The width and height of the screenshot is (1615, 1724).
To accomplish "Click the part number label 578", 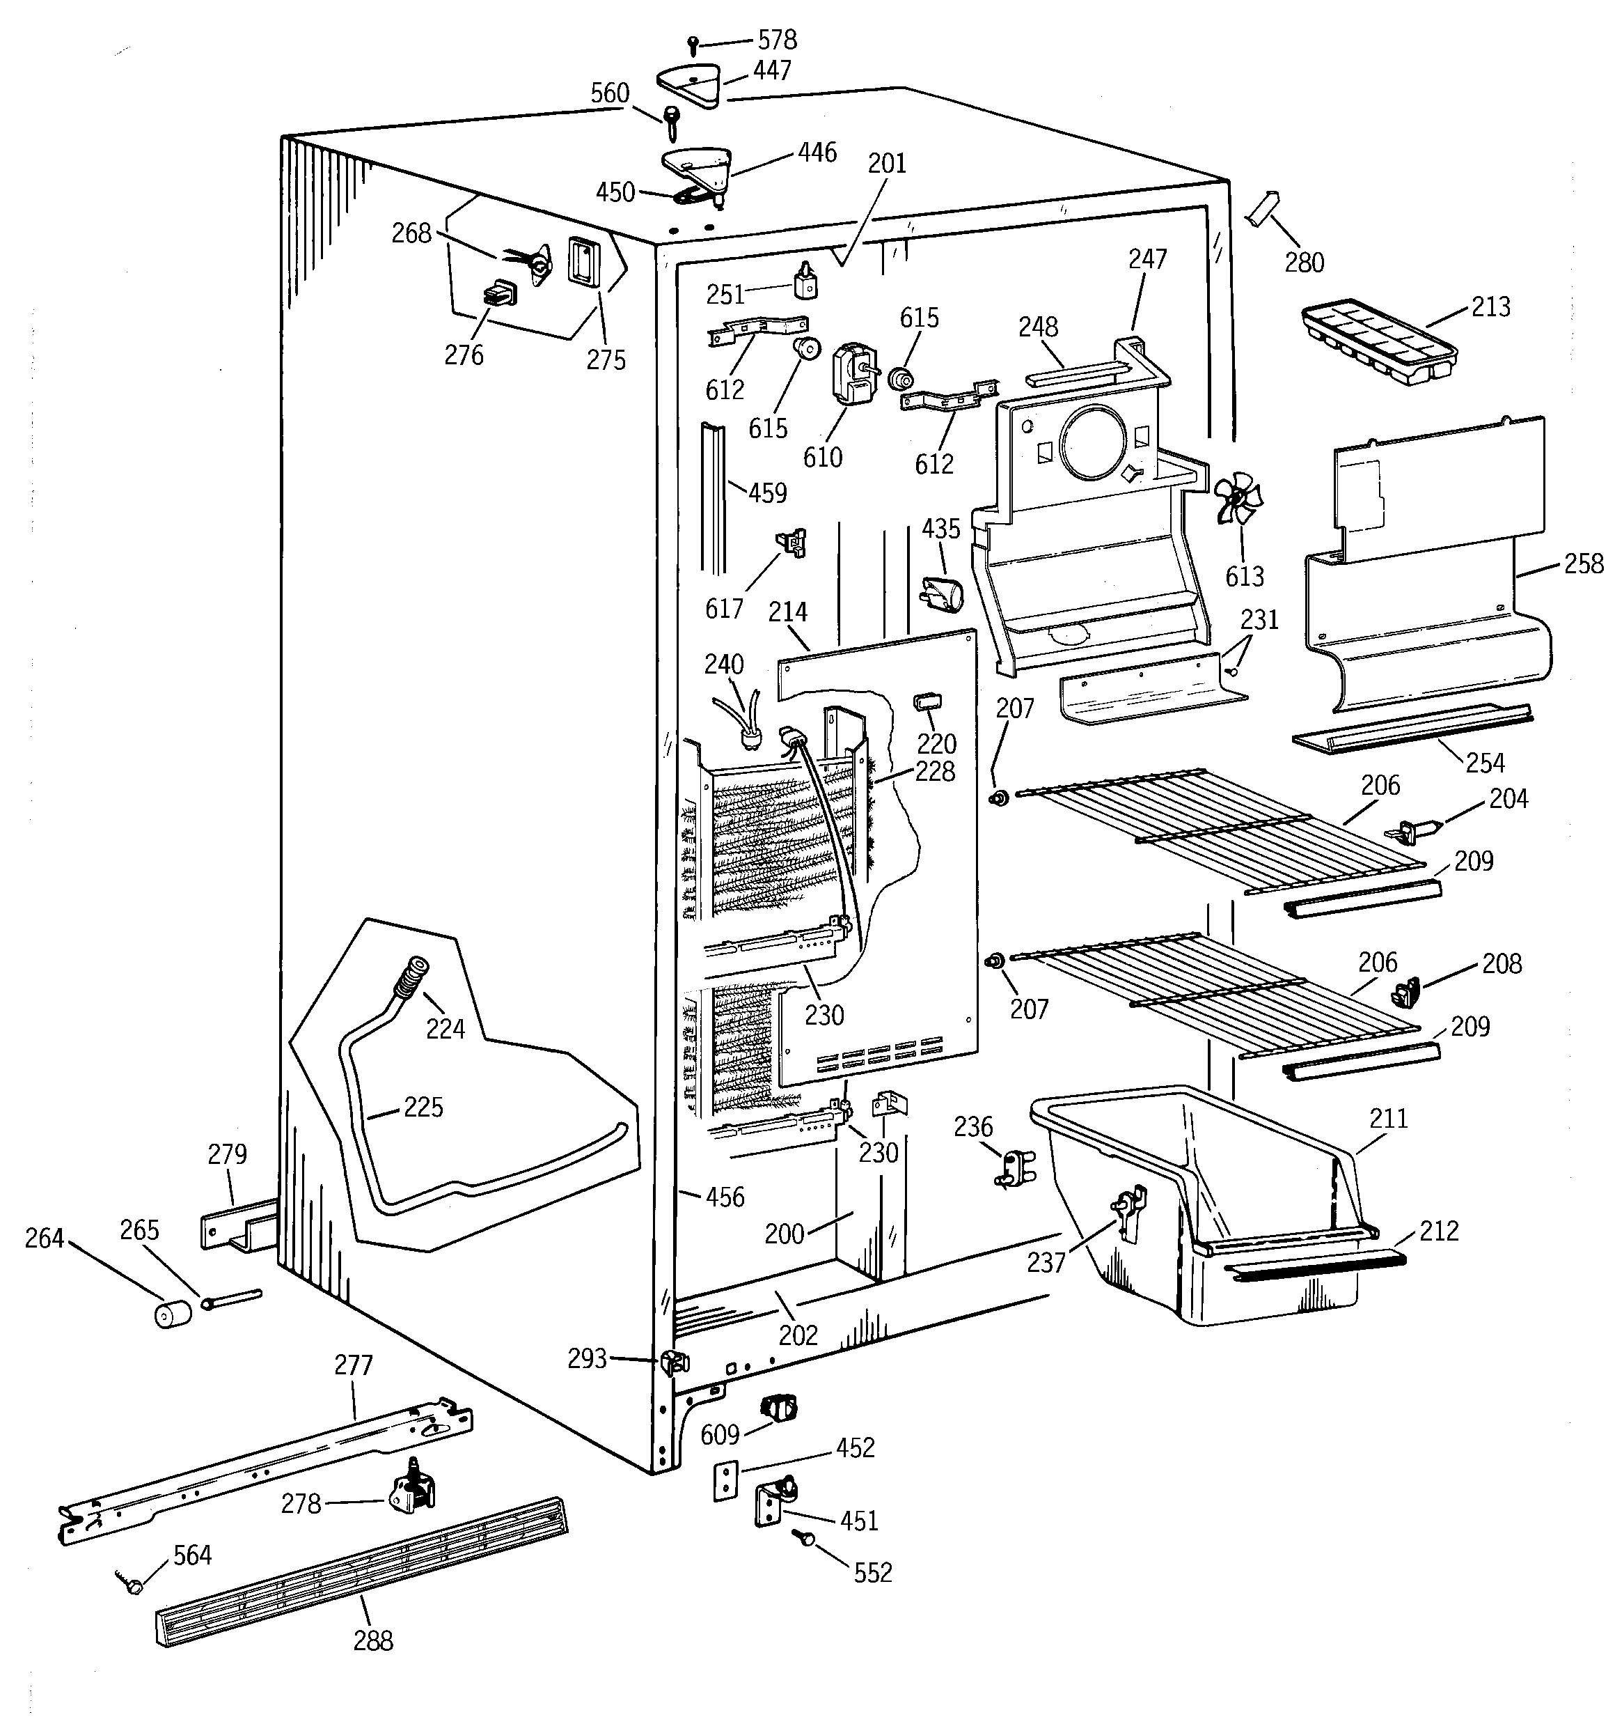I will coord(777,40).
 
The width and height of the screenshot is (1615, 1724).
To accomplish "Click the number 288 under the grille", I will coord(372,1640).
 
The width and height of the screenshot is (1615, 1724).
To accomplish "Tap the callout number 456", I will coord(725,1197).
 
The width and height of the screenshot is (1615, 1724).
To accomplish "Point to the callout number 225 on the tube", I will coord(423,1108).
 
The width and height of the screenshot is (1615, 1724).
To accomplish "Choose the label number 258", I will coord(1584,564).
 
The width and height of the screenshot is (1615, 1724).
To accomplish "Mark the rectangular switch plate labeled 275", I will coord(582,260).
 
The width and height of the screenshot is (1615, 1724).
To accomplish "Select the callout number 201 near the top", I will coord(887,163).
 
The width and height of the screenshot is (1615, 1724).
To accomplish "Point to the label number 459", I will coord(767,492).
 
